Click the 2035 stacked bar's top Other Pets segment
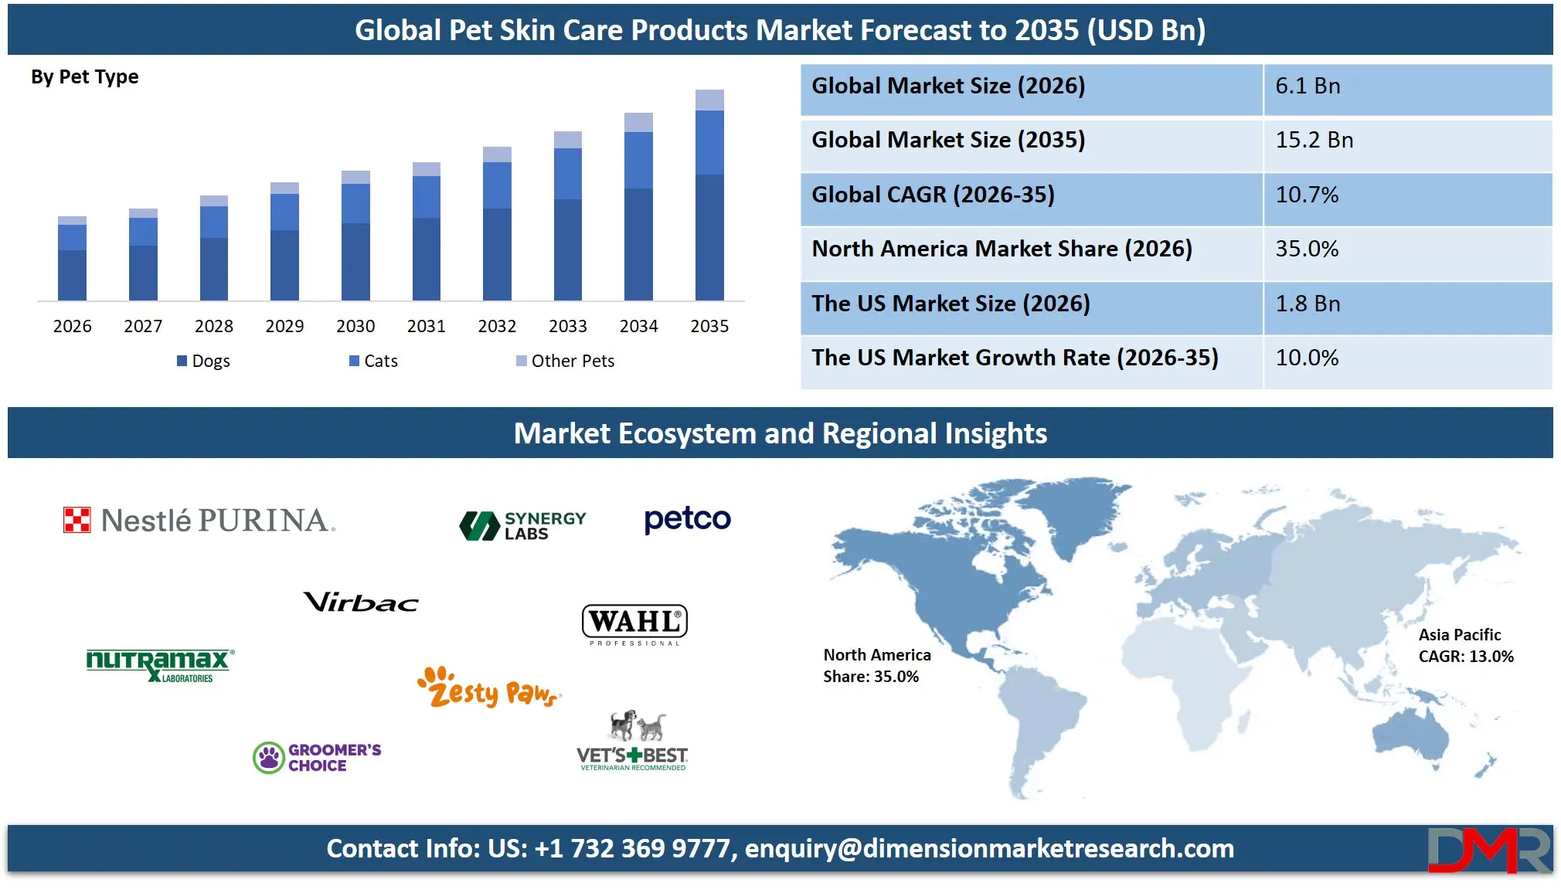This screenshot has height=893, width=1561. point(709,100)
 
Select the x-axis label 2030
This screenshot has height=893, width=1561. point(355,326)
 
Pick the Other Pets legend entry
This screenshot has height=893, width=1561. point(565,361)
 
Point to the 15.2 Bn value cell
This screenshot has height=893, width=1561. point(1314,140)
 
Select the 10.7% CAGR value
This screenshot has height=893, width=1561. point(1307,195)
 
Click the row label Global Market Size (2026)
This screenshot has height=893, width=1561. point(948,86)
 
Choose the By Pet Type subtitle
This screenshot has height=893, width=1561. point(85,76)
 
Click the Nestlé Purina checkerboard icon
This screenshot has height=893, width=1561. point(77,520)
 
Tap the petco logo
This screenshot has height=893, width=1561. point(687,519)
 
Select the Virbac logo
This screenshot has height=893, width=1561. point(361,602)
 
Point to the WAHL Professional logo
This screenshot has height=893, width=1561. point(634,624)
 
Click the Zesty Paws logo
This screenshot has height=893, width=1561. point(488,688)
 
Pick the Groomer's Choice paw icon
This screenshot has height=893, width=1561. point(269,758)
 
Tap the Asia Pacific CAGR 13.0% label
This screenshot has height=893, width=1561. point(1465,646)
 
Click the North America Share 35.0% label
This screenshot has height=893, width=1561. point(876,666)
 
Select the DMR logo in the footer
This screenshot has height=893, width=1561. point(1488,850)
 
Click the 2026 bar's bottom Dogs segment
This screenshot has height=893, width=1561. point(72,275)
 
